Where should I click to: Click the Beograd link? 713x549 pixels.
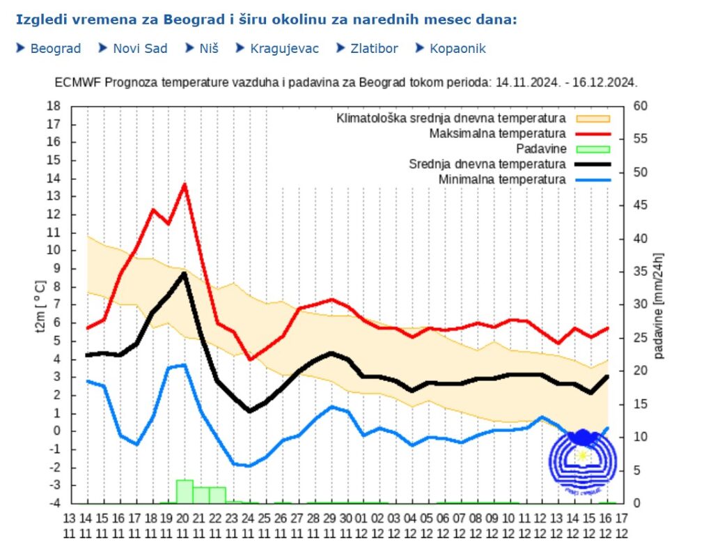pyautogui.click(x=55, y=49)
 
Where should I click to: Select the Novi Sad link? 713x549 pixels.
pyautogui.click(x=140, y=49)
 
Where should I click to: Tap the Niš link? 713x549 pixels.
pyautogui.click(x=209, y=49)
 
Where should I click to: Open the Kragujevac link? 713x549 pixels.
pyautogui.click(x=284, y=49)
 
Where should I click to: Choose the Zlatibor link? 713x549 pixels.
pyautogui.click(x=373, y=49)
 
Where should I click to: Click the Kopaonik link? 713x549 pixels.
pyautogui.click(x=457, y=49)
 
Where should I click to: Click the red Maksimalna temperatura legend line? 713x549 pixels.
pyautogui.click(x=592, y=133)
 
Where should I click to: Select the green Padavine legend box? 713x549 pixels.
pyautogui.click(x=592, y=149)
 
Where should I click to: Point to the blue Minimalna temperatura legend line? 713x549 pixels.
pyautogui.click(x=592, y=180)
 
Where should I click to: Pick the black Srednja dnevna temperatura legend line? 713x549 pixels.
pyautogui.click(x=592, y=164)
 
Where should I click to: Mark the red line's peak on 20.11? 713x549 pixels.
pyautogui.click(x=185, y=184)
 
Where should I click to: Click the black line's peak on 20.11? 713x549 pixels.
pyautogui.click(x=185, y=273)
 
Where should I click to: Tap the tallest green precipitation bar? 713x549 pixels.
pyautogui.click(x=185, y=491)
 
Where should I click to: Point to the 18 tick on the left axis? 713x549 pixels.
pyautogui.click(x=54, y=106)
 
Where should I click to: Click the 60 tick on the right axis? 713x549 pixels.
pyautogui.click(x=640, y=106)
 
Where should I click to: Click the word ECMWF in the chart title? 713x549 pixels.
pyautogui.click(x=74, y=82)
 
